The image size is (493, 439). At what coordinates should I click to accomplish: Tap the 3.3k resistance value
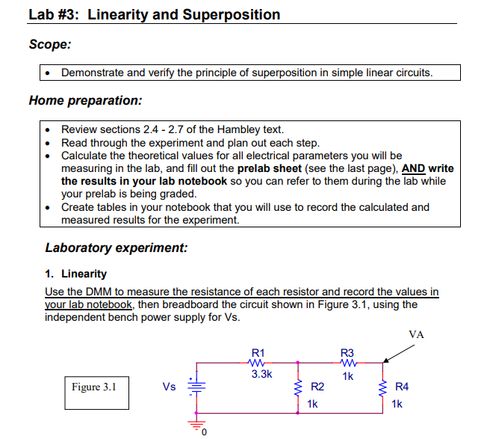coord(261,374)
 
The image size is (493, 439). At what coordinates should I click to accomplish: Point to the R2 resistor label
coord(317,387)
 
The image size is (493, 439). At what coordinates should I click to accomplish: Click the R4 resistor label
coord(402,387)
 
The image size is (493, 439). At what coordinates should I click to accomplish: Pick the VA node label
coord(417,334)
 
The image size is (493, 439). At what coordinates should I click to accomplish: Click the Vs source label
coord(170,387)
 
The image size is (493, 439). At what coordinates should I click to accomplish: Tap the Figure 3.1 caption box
coord(94,387)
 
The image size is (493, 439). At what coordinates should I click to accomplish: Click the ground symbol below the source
coord(197,426)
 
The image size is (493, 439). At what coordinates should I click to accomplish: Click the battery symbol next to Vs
coord(197,387)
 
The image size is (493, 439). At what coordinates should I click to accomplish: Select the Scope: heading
coord(50,44)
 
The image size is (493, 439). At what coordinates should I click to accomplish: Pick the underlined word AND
coord(414,168)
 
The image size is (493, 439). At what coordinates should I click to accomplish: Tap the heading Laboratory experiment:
coord(117,248)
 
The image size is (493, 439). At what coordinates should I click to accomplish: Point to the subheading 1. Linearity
coord(76,274)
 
